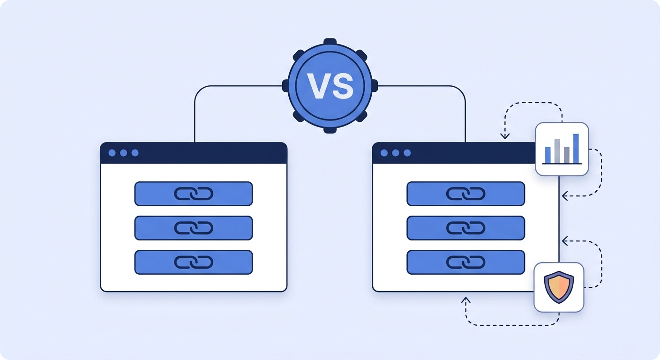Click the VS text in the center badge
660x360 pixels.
pyautogui.click(x=330, y=86)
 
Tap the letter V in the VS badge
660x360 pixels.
pyautogui.click(x=318, y=86)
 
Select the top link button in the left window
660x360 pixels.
pyautogui.click(x=194, y=194)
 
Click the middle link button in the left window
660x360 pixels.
pyautogui.click(x=194, y=228)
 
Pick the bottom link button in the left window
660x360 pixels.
pyautogui.click(x=194, y=262)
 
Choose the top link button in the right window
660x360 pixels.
pyautogui.click(x=465, y=194)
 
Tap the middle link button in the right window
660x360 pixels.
pyautogui.click(x=465, y=228)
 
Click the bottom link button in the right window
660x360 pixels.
pyautogui.click(x=465, y=262)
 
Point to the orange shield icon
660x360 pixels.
pyautogui.click(x=559, y=287)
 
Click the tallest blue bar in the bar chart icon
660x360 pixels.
pyautogui.click(x=576, y=149)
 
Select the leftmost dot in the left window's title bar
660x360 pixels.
pyautogui.click(x=112, y=153)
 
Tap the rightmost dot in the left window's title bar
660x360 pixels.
pyautogui.click(x=135, y=153)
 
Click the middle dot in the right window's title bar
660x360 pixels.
pyautogui.click(x=396, y=153)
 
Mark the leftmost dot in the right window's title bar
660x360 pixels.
pyautogui.click(x=384, y=153)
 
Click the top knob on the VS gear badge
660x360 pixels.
pyautogui.click(x=330, y=42)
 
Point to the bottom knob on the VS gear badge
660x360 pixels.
pyautogui.click(x=330, y=130)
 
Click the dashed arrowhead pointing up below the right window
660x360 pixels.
pyautogui.click(x=466, y=300)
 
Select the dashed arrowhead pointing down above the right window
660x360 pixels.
pyautogui.click(x=505, y=136)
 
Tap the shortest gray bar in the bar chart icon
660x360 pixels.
pyautogui.click(x=567, y=155)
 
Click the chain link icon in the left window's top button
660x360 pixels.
pyautogui.click(x=194, y=194)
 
